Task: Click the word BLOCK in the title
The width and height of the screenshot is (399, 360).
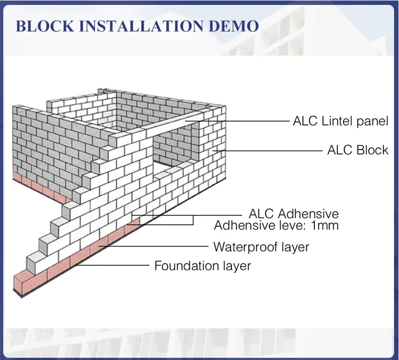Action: pos(43,27)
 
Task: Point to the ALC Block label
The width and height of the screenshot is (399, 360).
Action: pos(358,150)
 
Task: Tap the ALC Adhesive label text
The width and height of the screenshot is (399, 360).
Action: pos(294,213)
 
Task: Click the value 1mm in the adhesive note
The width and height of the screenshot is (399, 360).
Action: pos(324,225)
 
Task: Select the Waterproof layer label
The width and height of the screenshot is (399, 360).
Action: pos(261,247)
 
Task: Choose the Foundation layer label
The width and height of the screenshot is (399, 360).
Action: pos(203,266)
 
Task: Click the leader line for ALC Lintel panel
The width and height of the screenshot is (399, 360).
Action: pos(246,121)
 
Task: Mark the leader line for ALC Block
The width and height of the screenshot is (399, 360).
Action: pos(273,150)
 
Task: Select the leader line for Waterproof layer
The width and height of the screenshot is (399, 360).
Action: pos(158,247)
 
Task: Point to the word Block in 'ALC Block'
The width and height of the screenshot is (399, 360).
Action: pos(373,150)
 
